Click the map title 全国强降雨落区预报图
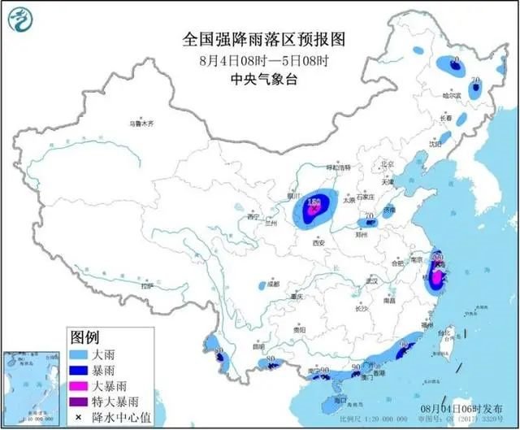(x=260, y=38)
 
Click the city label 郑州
(x=368, y=230)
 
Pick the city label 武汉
(x=373, y=280)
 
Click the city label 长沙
(x=362, y=308)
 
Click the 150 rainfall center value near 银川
(x=312, y=200)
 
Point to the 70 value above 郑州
(x=370, y=216)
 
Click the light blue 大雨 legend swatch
(x=80, y=353)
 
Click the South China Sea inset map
(x=32, y=382)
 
